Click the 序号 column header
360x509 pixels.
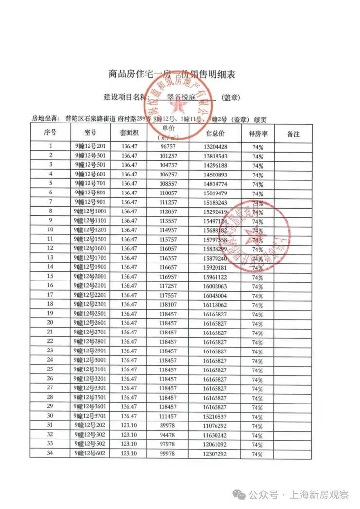(51, 133)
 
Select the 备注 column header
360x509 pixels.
(293, 133)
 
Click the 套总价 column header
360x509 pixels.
(215, 133)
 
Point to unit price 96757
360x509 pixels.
(168, 146)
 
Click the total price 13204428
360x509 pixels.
(215, 146)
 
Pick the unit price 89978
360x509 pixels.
(168, 426)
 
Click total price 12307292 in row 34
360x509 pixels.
(215, 454)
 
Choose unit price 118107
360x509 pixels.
(168, 304)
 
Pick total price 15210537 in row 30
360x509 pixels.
(215, 417)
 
